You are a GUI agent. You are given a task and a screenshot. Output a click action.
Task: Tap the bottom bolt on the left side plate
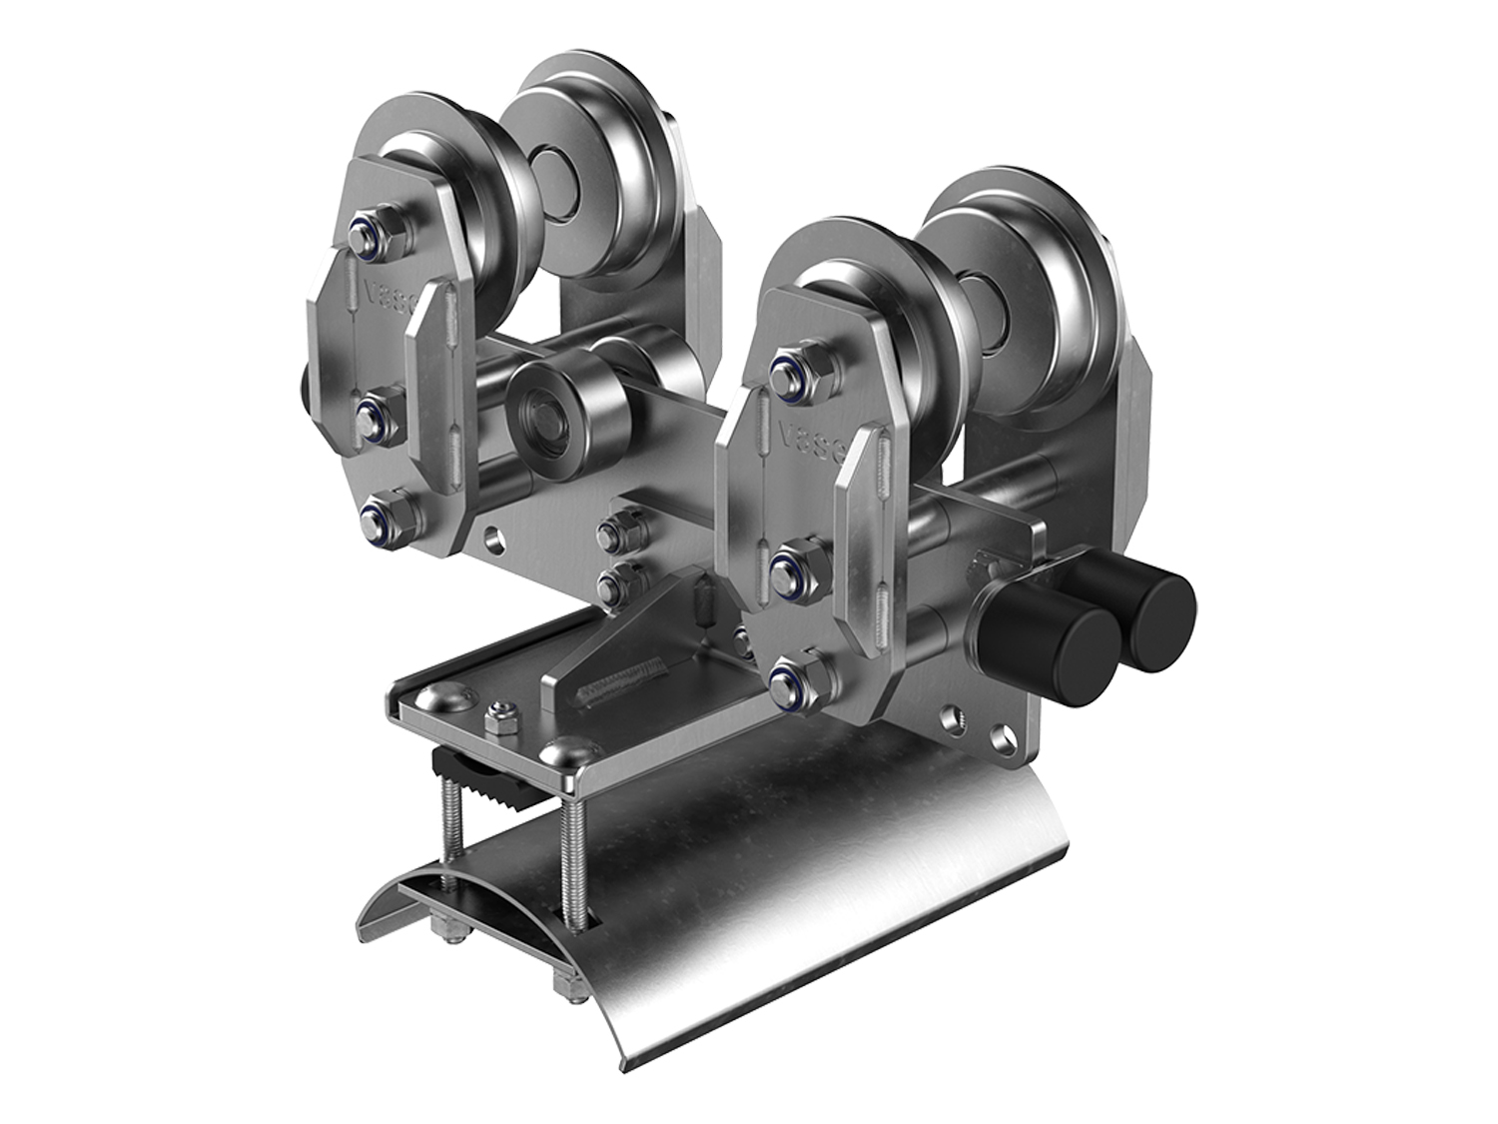381,518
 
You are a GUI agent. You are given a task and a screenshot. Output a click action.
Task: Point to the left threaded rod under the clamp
449,834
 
